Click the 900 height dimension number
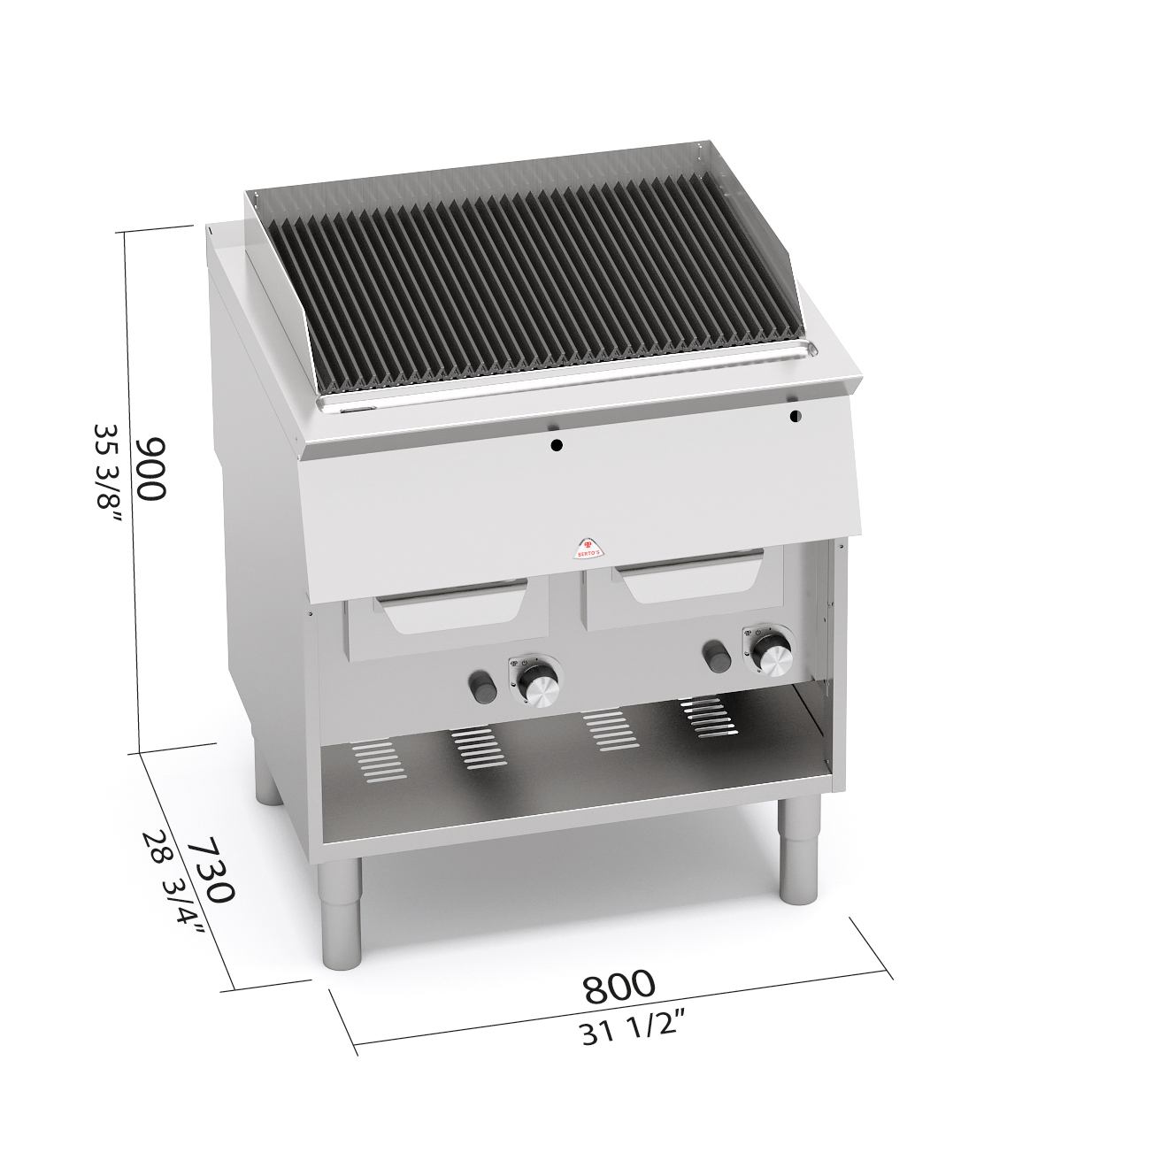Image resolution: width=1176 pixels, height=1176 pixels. click(150, 469)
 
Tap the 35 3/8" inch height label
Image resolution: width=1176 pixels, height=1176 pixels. click(109, 473)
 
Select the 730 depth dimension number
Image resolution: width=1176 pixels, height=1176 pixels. click(211, 869)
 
